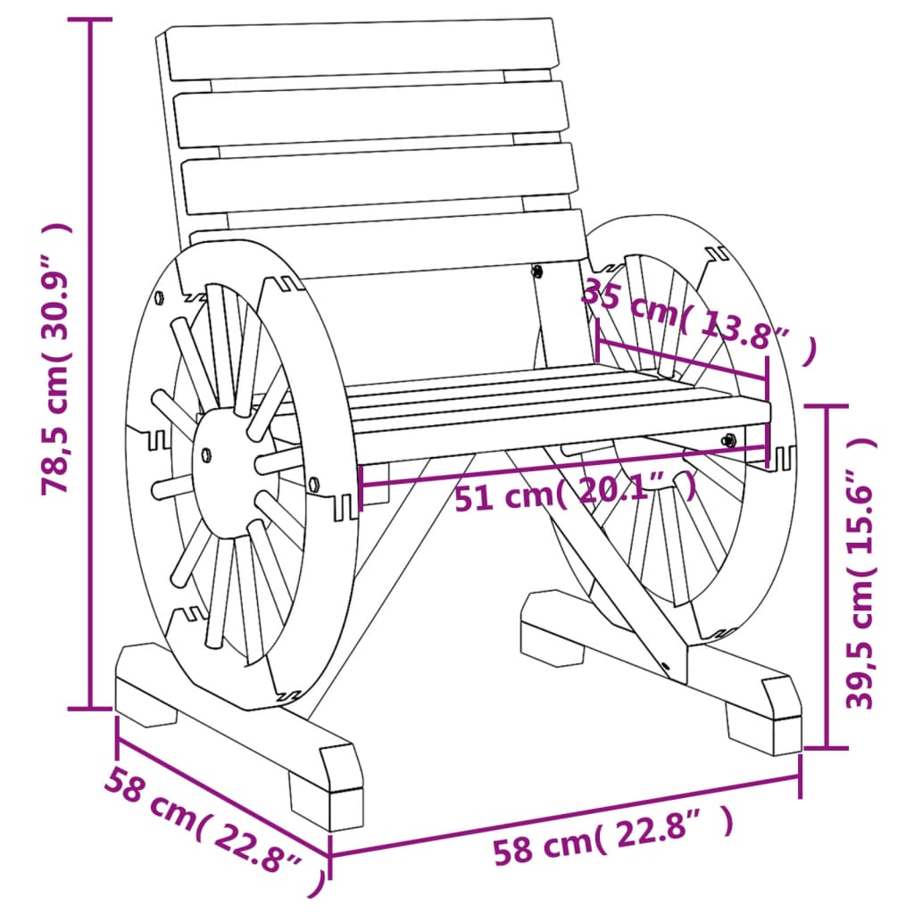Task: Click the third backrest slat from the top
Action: point(379,179)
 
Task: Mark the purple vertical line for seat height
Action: point(827,576)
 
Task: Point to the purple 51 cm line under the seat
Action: point(562,468)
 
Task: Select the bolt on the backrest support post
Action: point(537,270)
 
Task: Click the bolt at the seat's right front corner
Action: point(729,438)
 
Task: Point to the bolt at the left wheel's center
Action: point(206,453)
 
